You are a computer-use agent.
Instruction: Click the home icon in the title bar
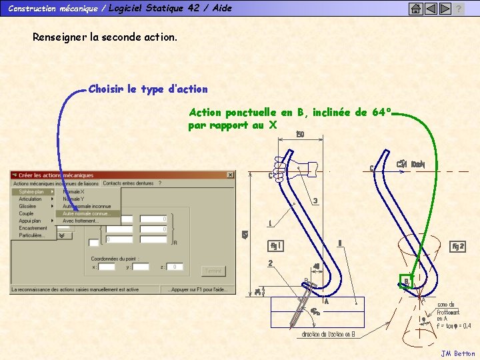[x=415, y=9]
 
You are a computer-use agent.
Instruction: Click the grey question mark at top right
[x=459, y=9]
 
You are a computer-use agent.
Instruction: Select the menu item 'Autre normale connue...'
[x=87, y=214]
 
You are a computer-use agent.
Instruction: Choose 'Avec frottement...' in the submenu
[x=81, y=221]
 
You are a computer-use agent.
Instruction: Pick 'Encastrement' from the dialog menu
[x=33, y=228]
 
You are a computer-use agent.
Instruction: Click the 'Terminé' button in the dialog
[x=213, y=271]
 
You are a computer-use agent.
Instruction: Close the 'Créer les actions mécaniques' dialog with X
[x=231, y=175]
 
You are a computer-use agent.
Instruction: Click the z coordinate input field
[x=175, y=267]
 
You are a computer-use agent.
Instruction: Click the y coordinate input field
[x=141, y=267]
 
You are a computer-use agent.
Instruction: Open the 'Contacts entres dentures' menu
[x=128, y=183]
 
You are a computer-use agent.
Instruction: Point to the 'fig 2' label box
[x=458, y=246]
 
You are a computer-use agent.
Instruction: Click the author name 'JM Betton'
[x=458, y=353]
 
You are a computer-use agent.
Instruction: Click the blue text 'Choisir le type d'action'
[x=148, y=89]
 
